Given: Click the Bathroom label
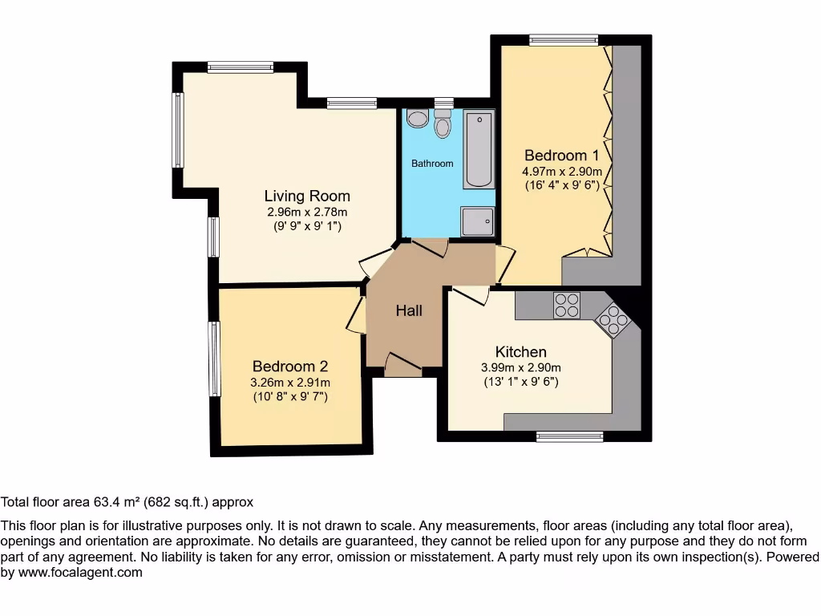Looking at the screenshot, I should pos(432,164).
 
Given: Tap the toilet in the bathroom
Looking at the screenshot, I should pos(443,126).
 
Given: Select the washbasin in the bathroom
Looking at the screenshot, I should pos(417,120).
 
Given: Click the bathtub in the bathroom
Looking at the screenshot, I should pos(479,149).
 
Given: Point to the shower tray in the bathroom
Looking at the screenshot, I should pos(478,221).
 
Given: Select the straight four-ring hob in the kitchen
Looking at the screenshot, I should pos(567,306).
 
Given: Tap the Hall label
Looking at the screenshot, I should pos(409,310).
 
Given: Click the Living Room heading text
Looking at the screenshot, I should pos(307,196).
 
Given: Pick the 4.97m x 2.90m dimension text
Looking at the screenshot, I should pos(562,172).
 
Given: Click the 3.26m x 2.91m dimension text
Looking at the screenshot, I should pos(290,383).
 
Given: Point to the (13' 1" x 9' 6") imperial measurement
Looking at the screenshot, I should pos(521,382).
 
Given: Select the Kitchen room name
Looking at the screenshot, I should pos(521,351).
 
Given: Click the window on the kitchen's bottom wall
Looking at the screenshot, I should pos(569,436).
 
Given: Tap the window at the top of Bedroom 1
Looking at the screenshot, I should pos(563,40).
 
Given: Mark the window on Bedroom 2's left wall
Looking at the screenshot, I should pos(214,359).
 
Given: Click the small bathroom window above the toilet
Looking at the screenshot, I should pos(443,103).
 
